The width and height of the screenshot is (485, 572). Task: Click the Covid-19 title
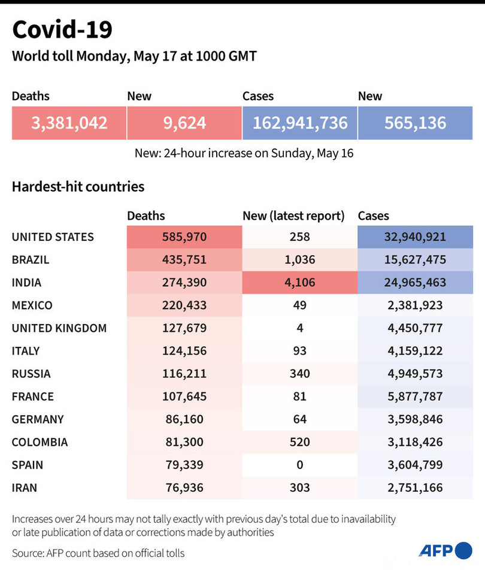tap(62, 29)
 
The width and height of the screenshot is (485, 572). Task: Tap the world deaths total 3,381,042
tap(69, 123)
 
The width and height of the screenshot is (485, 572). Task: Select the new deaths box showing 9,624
tap(184, 123)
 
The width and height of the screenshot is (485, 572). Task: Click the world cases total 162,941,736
tap(299, 123)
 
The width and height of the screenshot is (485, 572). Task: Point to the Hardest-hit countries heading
tap(78, 186)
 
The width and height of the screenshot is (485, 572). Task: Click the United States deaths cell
tap(184, 237)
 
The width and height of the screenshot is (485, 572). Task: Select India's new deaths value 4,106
tap(299, 282)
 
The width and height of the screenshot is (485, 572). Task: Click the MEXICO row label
tap(32, 305)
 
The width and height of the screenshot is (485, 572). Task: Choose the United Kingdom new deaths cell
tap(299, 328)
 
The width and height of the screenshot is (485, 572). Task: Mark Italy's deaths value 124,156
tap(184, 350)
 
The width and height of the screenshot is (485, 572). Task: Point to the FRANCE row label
tap(32, 396)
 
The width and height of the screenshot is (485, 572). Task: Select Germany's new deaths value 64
tap(299, 419)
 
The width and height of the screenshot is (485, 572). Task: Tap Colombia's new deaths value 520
tap(299, 441)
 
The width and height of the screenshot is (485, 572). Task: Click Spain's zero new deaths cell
tap(299, 464)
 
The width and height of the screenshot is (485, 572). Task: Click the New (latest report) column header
tap(293, 216)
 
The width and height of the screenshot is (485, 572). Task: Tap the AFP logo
tap(445, 550)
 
